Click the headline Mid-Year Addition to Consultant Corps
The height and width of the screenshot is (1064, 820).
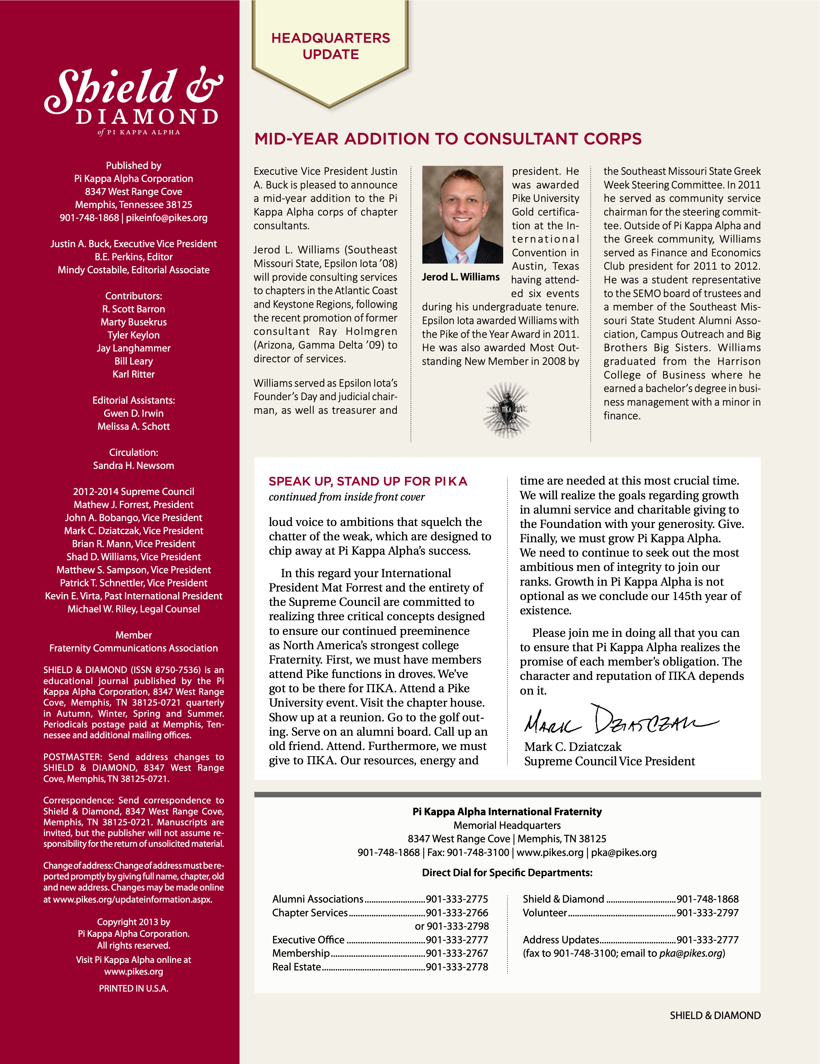click(448, 139)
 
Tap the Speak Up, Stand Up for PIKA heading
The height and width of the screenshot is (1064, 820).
click(368, 481)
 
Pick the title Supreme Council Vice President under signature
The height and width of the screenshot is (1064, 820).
click(610, 761)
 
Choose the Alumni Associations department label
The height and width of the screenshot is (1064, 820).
click(317, 899)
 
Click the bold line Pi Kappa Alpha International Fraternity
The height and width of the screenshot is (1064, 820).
click(507, 812)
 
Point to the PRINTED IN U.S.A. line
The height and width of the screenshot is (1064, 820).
click(133, 988)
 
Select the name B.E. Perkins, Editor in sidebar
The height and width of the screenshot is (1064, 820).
click(133, 257)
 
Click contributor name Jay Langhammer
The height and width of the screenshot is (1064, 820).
click(133, 348)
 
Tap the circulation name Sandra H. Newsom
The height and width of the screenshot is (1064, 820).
click(133, 466)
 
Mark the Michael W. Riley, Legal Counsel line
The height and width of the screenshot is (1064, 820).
click(133, 609)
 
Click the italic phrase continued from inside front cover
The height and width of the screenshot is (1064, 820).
click(347, 497)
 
